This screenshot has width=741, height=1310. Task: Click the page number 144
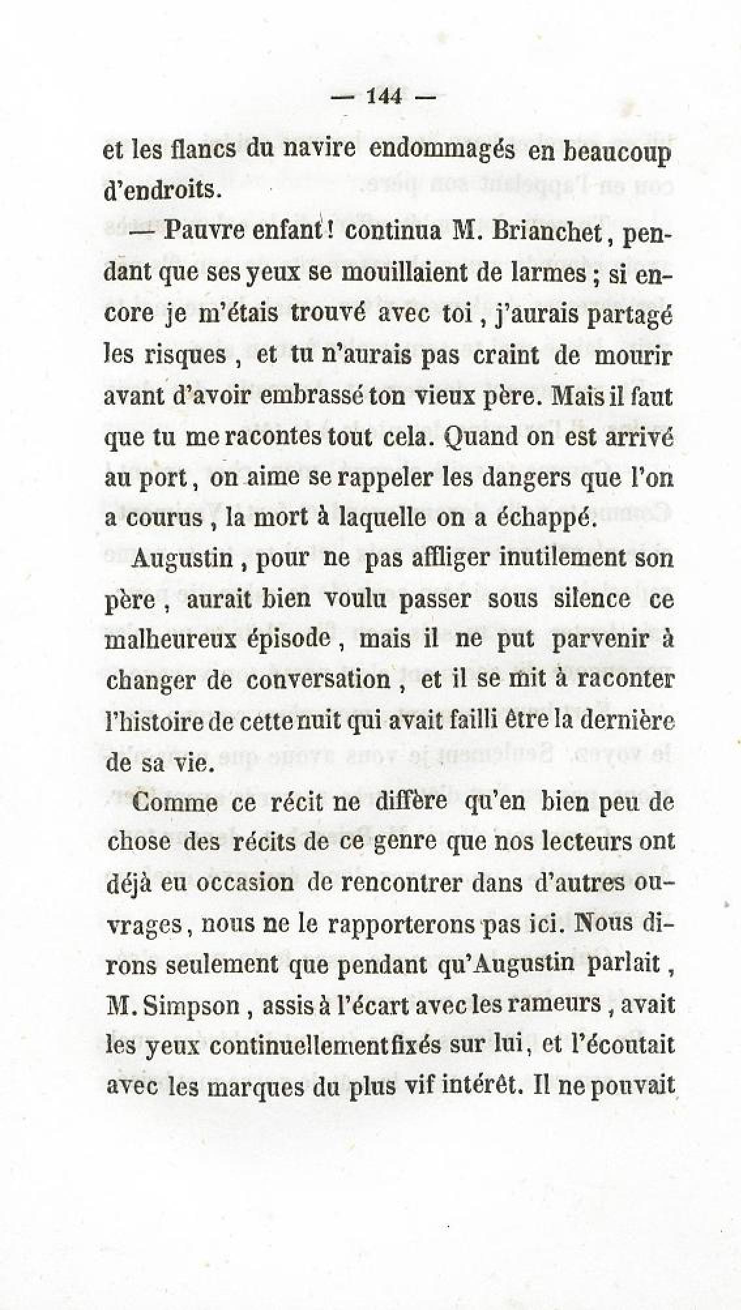383,97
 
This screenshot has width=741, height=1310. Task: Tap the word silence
591,599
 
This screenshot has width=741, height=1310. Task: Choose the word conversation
318,680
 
